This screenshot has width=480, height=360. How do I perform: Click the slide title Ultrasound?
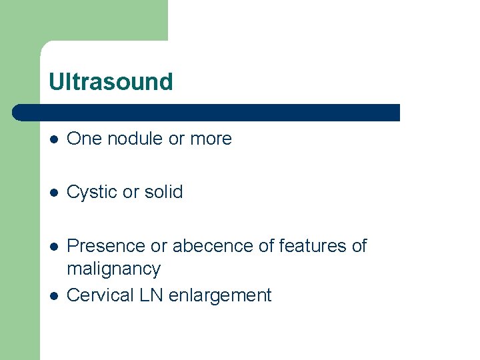coord(111,82)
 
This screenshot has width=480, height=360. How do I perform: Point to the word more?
coord(211,139)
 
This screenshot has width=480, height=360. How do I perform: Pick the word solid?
coord(163,192)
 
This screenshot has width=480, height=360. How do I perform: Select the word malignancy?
coord(113,269)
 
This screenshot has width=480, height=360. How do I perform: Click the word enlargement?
coord(220,295)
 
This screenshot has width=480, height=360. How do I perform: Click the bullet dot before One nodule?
coord(53,139)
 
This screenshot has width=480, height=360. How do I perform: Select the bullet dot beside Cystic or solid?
coord(53,193)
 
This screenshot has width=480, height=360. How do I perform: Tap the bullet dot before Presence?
coord(53,247)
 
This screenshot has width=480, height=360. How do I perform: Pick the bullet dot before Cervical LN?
coord(53,296)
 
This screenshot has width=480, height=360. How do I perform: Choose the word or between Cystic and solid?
coord(131,193)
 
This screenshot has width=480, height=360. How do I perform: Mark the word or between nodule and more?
coord(177,139)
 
